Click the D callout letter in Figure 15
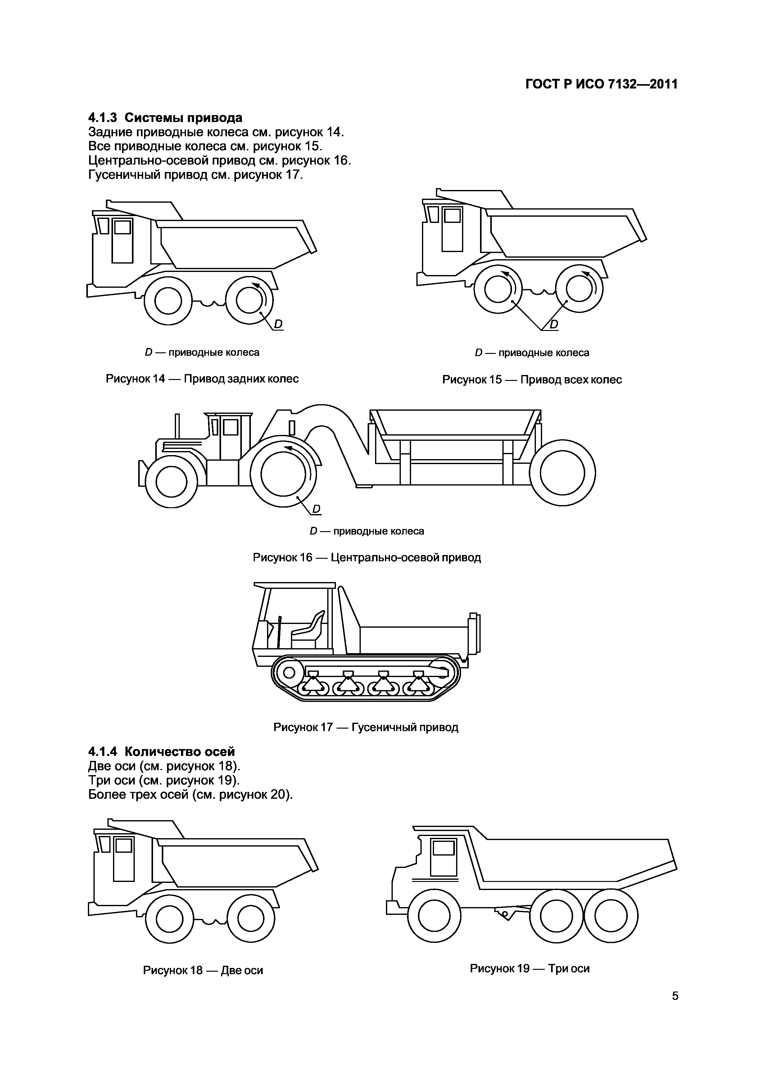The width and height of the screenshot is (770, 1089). pos(553,324)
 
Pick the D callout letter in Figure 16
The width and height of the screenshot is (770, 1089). pos(316,509)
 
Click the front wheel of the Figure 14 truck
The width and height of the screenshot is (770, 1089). pos(168,301)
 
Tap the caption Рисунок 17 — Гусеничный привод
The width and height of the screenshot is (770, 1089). pos(366,727)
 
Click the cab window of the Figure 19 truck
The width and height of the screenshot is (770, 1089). pos(444,847)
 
